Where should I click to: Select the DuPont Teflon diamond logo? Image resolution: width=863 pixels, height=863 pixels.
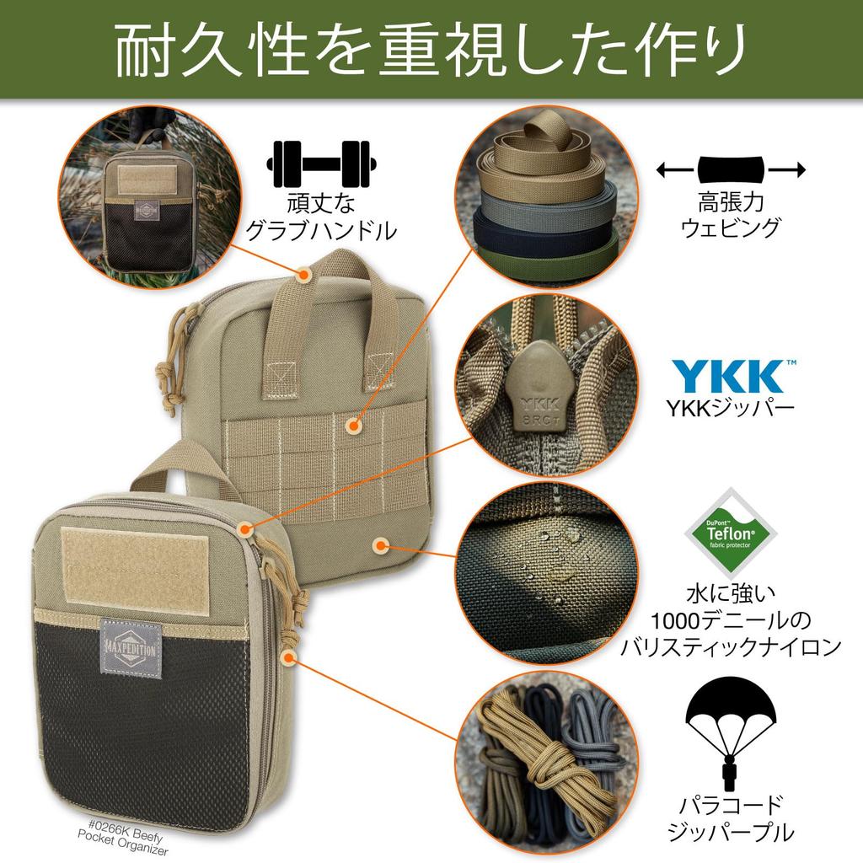click(730, 530)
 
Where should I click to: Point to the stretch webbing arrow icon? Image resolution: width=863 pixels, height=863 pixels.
click(730, 171)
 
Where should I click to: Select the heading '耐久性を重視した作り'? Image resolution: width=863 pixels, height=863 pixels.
click(431, 50)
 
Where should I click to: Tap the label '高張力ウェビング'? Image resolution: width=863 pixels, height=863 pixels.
click(730, 216)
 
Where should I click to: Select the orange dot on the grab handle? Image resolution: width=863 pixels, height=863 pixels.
click(304, 273)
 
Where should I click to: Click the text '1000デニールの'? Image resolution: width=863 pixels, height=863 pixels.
click(730, 622)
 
